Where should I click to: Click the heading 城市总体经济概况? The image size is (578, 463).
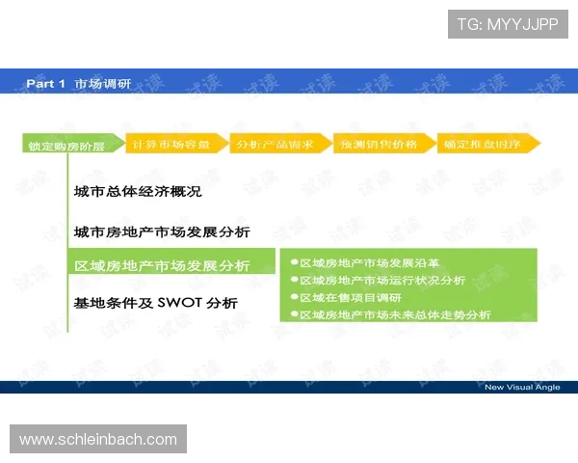point(137,192)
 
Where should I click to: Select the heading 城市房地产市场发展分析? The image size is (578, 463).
point(162,232)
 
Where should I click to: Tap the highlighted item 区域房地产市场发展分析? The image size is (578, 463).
point(162,265)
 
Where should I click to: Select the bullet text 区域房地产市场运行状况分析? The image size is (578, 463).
point(382,280)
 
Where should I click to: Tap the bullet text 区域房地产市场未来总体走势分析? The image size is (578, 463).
point(395,314)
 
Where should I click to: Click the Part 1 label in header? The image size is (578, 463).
point(45,84)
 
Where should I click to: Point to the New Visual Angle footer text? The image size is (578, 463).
point(521,387)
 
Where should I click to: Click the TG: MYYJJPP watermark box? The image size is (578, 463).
point(508,24)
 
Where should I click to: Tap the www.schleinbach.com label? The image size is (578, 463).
point(98,440)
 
